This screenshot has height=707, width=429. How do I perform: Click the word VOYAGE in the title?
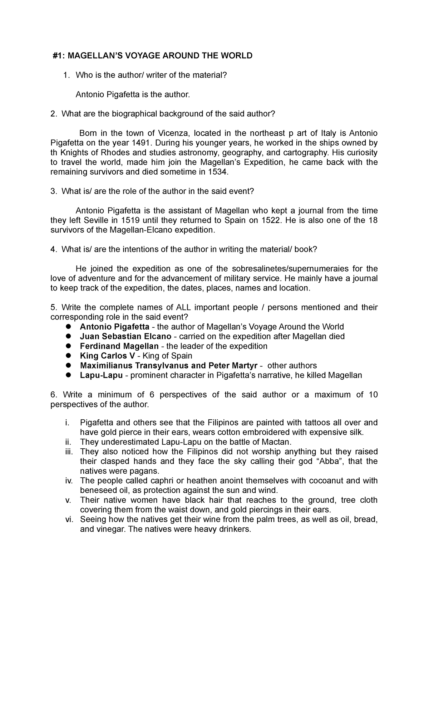(x=140, y=55)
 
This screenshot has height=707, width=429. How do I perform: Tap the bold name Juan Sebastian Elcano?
(x=126, y=336)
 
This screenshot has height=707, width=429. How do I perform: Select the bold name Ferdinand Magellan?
(x=119, y=346)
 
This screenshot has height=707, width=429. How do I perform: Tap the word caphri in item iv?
(x=149, y=481)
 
